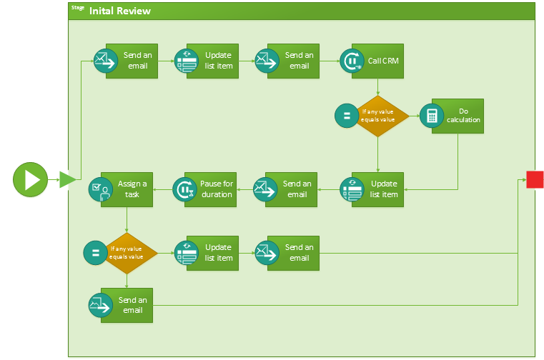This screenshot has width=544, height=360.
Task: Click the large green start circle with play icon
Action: click(x=30, y=179)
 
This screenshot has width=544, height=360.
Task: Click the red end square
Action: click(x=535, y=179)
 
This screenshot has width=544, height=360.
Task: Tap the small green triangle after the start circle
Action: click(x=67, y=179)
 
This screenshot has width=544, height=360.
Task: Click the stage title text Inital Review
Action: click(x=119, y=11)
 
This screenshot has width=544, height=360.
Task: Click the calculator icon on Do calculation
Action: click(x=431, y=116)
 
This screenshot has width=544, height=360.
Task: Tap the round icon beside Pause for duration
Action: click(x=185, y=189)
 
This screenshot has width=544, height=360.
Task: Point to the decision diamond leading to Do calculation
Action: click(x=378, y=115)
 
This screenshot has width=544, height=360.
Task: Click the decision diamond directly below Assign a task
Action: click(x=127, y=253)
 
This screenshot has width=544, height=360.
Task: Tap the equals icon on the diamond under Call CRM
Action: click(x=347, y=116)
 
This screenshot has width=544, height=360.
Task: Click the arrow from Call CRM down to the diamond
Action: click(x=377, y=86)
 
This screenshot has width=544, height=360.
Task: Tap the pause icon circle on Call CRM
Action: click(x=352, y=61)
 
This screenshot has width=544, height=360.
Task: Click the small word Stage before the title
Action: click(x=78, y=8)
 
